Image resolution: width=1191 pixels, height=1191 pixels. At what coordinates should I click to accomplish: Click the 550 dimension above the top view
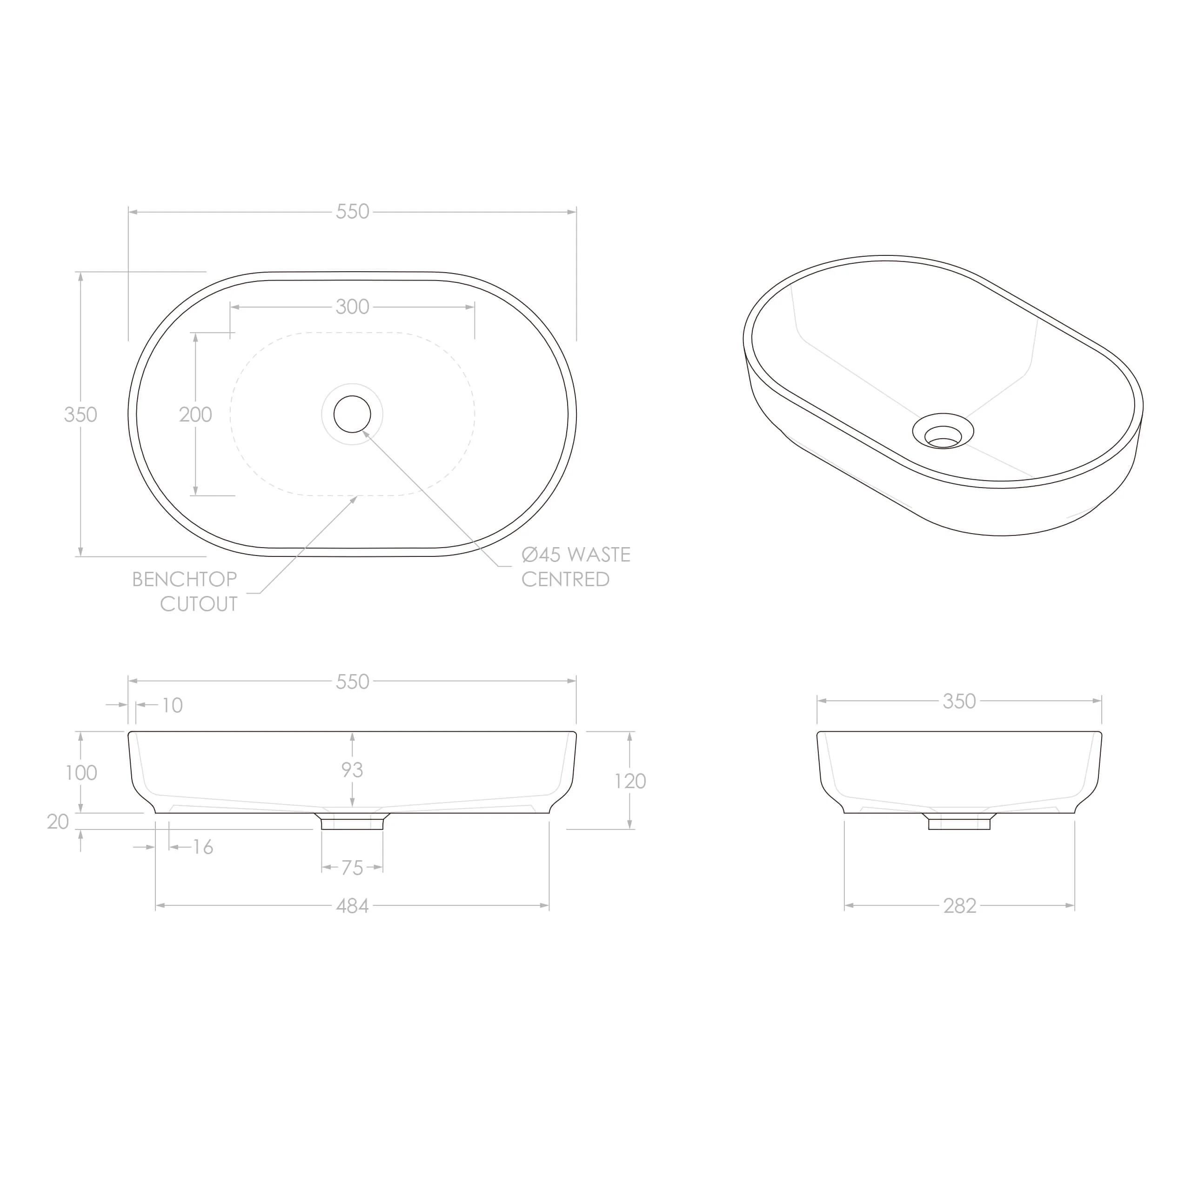click(352, 211)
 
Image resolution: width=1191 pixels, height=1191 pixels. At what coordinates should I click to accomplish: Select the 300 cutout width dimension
click(352, 307)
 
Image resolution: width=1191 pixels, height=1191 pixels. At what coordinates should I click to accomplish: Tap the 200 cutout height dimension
click(195, 414)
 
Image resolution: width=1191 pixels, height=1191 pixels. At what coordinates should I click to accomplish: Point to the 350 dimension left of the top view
click(81, 414)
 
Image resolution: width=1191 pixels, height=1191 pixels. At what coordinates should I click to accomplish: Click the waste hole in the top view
click(352, 414)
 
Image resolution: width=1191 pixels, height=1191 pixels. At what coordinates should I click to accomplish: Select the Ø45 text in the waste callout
click(541, 554)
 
